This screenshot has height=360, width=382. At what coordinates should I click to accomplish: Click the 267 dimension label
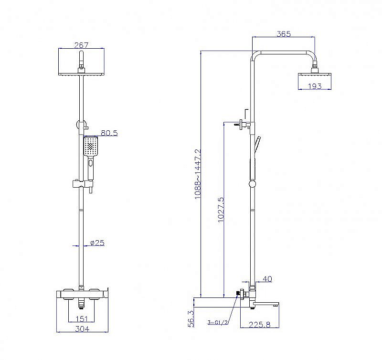coord(81,45)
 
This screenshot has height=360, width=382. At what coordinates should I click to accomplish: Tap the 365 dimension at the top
coord(284,33)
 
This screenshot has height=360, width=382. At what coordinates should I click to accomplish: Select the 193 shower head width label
coord(315,86)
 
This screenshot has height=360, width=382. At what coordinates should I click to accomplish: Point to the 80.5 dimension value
coord(109,133)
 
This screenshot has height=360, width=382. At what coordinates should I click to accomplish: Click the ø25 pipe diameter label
coord(97,243)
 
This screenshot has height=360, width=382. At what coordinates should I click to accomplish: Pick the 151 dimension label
coord(82,318)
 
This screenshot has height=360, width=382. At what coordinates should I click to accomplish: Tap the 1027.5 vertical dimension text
coord(221,210)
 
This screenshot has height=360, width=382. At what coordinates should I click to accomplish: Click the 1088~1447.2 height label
coord(198,174)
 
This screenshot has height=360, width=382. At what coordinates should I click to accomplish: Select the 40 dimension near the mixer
coord(267,279)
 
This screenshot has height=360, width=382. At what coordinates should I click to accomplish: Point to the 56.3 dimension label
coord(191,318)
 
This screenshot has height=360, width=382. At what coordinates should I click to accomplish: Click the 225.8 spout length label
coord(259,325)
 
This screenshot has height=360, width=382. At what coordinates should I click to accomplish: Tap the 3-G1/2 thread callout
coord(218,323)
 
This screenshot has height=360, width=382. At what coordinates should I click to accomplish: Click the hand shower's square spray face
coord(91,146)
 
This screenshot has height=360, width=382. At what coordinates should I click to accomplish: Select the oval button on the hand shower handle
coord(91,162)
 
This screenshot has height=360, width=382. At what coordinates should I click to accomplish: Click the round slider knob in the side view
coord(253,184)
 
